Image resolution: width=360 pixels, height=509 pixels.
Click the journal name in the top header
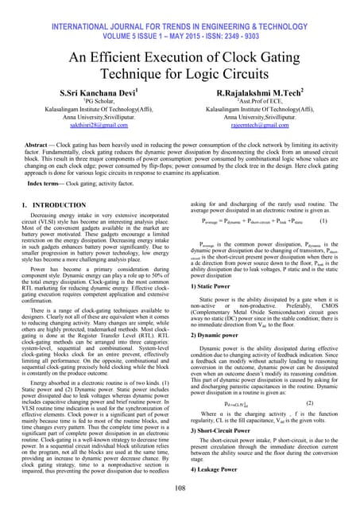[180, 11]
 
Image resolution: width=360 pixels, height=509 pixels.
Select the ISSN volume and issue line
[180, 22]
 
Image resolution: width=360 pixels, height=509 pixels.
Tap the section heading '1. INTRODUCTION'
[49, 205]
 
